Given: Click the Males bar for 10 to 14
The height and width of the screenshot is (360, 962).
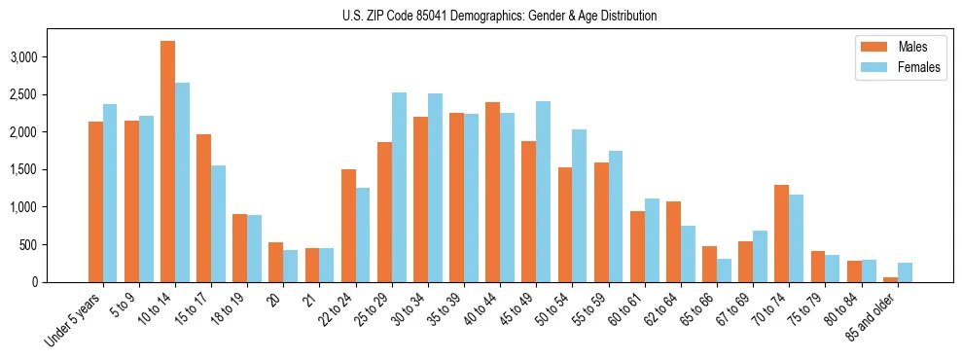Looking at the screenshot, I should tap(167, 162).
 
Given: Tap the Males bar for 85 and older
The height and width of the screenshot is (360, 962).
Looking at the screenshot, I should tap(890, 279).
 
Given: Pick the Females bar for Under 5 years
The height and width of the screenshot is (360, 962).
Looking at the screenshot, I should tap(110, 193).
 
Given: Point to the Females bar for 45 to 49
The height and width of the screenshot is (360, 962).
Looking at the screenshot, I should tap(544, 192).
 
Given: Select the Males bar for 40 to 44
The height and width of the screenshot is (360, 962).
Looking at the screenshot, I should tap(493, 193).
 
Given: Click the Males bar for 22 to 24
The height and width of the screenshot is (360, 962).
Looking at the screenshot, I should tap(348, 226).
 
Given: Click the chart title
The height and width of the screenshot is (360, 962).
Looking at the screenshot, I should tap(499, 16).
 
